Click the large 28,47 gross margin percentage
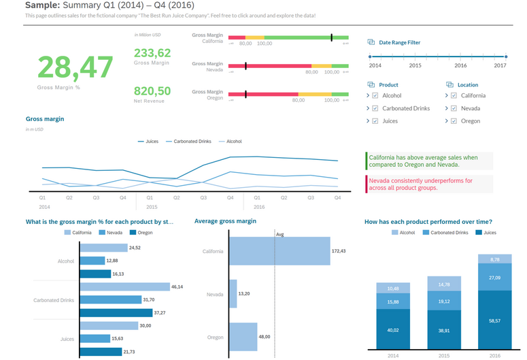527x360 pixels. (x=75, y=67)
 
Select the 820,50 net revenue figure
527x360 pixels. (x=152, y=91)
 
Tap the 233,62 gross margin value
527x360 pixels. (x=152, y=53)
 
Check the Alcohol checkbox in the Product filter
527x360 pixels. (x=375, y=96)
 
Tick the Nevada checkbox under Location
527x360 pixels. (x=454, y=108)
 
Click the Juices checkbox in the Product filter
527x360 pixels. (x=375, y=121)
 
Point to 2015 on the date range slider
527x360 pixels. (x=415, y=57)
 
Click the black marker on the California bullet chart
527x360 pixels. (x=332, y=38)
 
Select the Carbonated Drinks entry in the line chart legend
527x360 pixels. (x=192, y=142)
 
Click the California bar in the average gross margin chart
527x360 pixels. (x=279, y=251)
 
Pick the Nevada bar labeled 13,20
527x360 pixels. (x=233, y=294)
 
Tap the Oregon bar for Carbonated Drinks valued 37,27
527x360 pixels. (x=116, y=313)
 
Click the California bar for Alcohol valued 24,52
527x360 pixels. (x=103, y=248)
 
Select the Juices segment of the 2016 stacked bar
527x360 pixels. (x=494, y=320)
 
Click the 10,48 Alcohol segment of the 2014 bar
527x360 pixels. (x=393, y=288)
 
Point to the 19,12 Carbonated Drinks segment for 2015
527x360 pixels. (x=444, y=301)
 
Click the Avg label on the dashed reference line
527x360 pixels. (x=279, y=234)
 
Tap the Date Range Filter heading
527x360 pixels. (x=399, y=42)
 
